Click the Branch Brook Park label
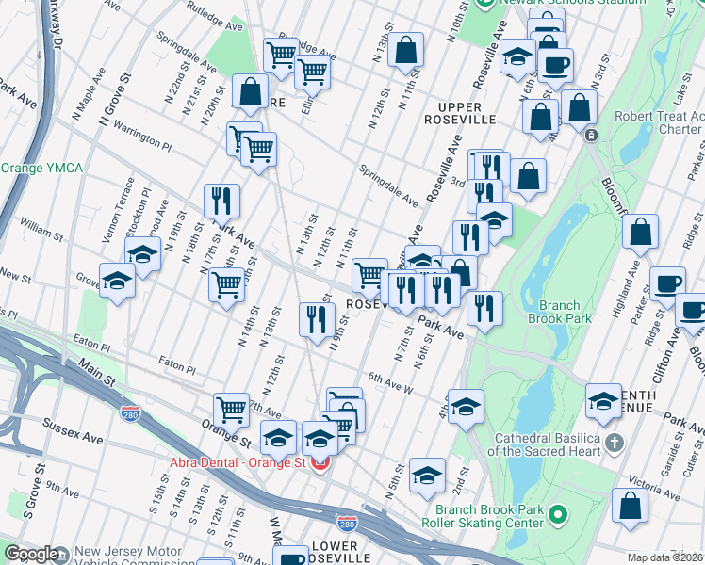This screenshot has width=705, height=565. pyautogui.click(x=565, y=312)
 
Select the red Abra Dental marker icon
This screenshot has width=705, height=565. pyautogui.click(x=320, y=463)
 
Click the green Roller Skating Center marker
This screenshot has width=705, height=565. pyautogui.click(x=557, y=514)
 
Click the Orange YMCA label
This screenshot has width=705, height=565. pyautogui.click(x=41, y=169)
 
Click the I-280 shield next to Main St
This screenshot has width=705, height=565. pyautogui.click(x=131, y=413)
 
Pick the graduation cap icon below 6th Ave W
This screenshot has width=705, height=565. pyautogui.click(x=466, y=406)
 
